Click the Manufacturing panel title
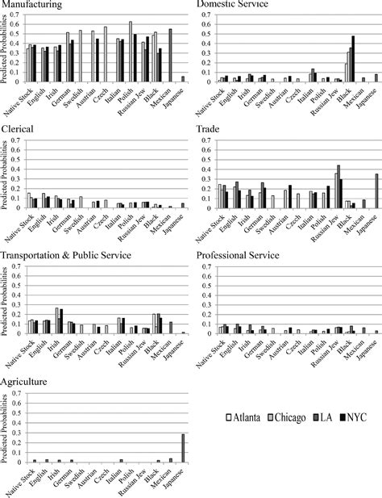33,5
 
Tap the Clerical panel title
18,129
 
